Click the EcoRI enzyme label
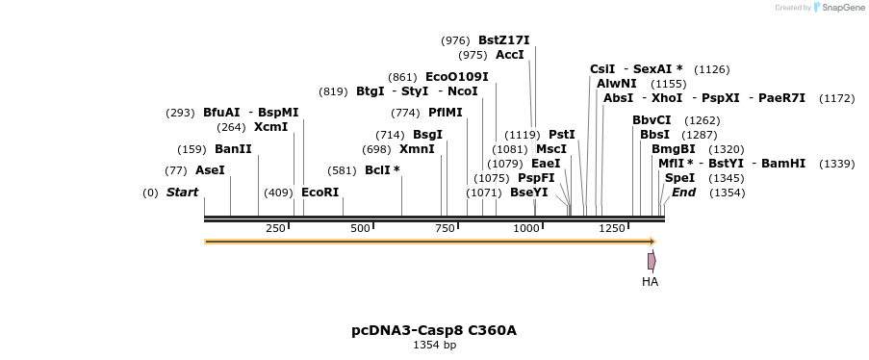pos(320,193)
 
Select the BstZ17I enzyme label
pos(503,40)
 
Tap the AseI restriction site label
pos(210,169)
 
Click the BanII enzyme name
pos(233,149)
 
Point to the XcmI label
pos(270,127)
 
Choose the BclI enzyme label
pos(382,169)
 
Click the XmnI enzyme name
pos(417,149)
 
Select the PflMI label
pos(446,113)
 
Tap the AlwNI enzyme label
pos(617,84)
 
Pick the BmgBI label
pos(673,149)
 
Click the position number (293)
pos(181,113)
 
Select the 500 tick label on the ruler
pos(361,228)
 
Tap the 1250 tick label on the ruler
pos(612,228)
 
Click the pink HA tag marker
pos(652,260)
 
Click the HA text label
pos(651,282)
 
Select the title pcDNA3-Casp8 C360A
pos(434,330)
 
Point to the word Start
pos(182,193)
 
